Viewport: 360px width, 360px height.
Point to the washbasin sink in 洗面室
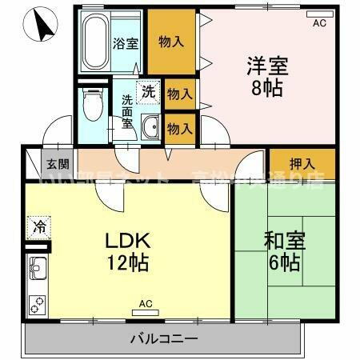tap(150, 126)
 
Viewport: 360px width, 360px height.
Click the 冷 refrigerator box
tap(38, 226)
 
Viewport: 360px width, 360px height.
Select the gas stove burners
tap(38, 302)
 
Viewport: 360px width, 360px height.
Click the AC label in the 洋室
tap(319, 24)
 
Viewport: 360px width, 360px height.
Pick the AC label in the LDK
tap(145, 303)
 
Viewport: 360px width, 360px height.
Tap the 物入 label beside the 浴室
tap(170, 42)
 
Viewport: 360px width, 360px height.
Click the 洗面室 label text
tap(127, 112)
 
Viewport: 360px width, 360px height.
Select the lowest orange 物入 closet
tap(179, 127)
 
